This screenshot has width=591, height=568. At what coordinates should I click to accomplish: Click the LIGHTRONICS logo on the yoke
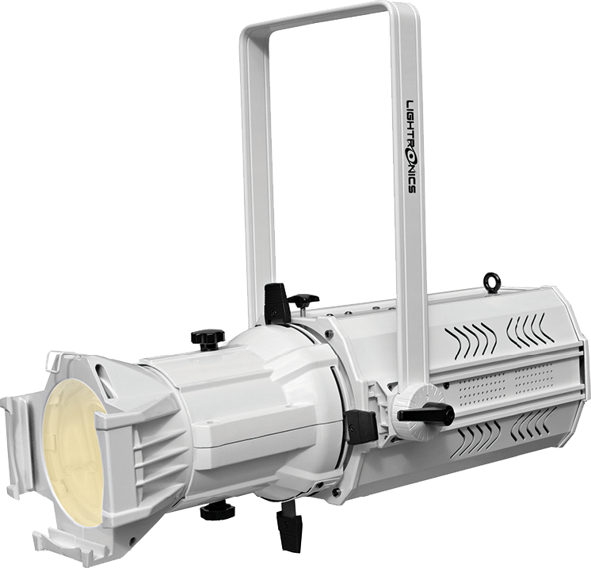(x=410, y=147)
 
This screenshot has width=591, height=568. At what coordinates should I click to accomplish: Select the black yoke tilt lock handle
(x=426, y=414)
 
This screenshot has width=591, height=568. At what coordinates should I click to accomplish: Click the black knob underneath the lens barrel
(x=218, y=511)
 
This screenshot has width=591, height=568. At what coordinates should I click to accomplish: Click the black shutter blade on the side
(x=361, y=426)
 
